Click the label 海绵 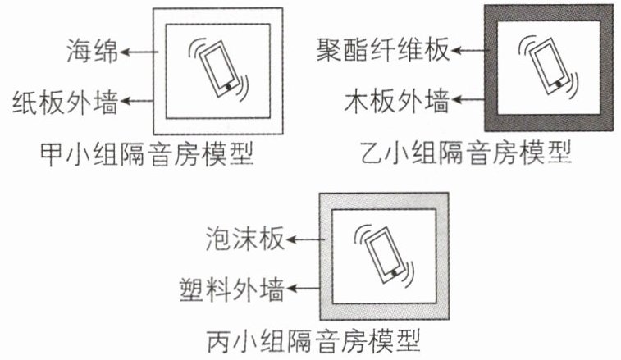[92, 51]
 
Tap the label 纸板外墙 [66, 102]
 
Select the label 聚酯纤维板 [383, 50]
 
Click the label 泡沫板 [245, 239]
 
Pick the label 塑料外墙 [232, 289]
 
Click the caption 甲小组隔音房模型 [147, 153]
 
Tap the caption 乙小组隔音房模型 [466, 153]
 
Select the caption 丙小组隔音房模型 [313, 341]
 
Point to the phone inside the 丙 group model [385, 255]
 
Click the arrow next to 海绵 [139, 52]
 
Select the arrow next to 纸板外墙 [137, 101]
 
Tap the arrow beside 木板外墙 [468, 99]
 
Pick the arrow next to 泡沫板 [305, 239]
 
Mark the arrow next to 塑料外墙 [303, 289]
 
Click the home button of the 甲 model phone [229, 86]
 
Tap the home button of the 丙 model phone [394, 273]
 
